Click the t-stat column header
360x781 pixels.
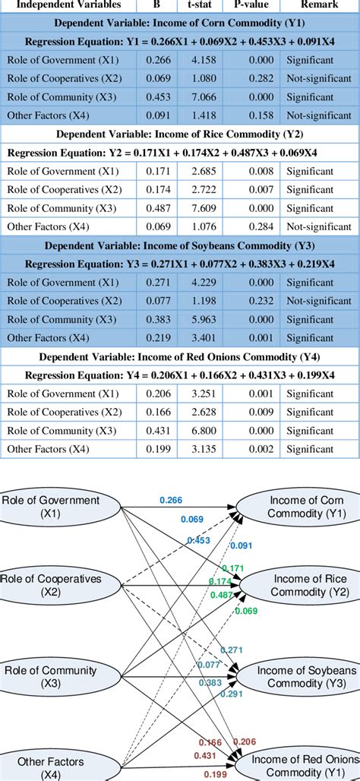(x=199, y=5)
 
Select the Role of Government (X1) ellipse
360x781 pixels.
(x=51, y=506)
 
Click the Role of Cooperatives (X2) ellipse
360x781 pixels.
(x=51, y=585)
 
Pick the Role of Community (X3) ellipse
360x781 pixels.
(x=51, y=675)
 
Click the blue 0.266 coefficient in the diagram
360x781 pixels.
(x=171, y=499)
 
